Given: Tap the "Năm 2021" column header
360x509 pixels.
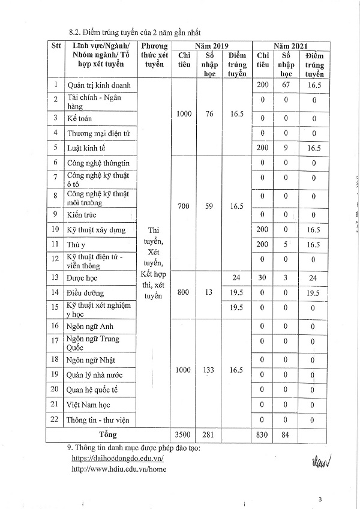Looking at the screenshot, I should (290, 45).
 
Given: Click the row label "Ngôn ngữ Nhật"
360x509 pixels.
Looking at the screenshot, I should (91, 360).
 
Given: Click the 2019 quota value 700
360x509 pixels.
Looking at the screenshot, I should (184, 206).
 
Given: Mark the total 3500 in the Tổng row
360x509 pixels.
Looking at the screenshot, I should (184, 434).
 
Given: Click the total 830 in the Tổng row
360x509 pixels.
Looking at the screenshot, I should (262, 434).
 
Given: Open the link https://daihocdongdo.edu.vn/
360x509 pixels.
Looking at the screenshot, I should (118, 457).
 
